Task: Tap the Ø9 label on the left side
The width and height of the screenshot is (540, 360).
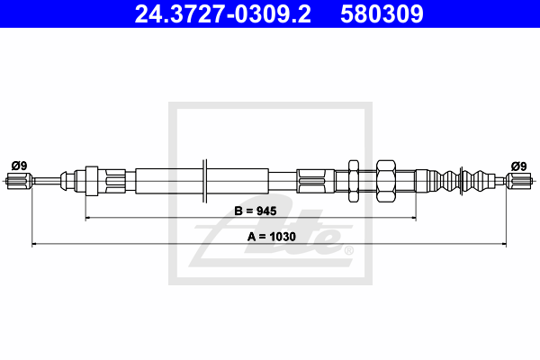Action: (18, 165)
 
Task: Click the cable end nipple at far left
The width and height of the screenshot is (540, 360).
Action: (17, 183)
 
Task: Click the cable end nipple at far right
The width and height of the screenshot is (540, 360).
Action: (519, 183)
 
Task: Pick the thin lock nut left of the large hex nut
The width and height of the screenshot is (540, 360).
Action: (352, 182)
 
